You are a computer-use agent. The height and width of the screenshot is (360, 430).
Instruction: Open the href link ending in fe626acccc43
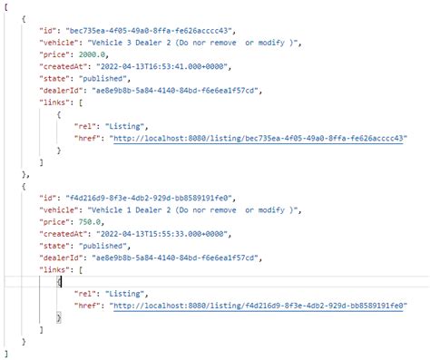point(259,139)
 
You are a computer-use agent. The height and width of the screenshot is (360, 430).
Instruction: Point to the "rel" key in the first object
point(79,125)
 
